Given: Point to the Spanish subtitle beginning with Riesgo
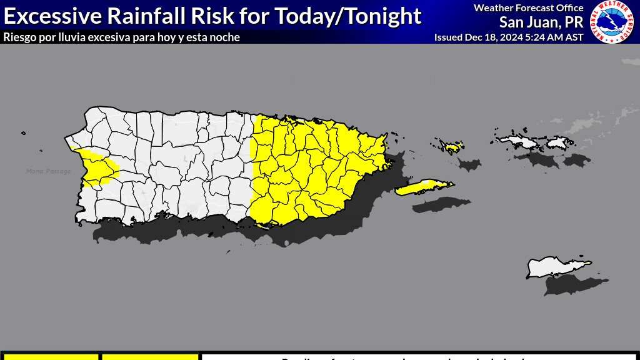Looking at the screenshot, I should [121, 37].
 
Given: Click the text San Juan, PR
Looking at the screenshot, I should [541, 22].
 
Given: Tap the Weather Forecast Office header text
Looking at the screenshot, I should [528, 8].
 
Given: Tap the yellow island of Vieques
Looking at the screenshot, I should [423, 187].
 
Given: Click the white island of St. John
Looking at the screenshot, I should [558, 143].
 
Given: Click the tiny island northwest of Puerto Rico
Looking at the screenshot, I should [23, 132].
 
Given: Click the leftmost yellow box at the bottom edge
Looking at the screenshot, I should [49, 357].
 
